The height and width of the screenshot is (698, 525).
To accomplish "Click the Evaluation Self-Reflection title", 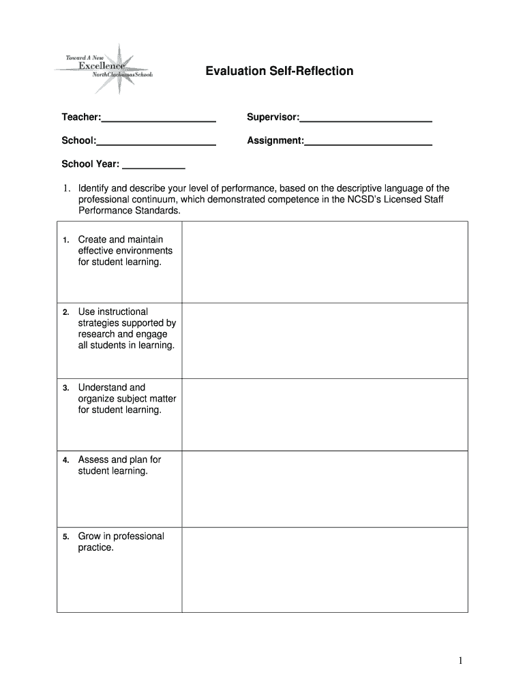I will [280, 71].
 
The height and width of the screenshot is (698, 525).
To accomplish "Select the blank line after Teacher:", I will [158, 119].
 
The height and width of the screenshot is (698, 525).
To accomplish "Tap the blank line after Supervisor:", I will [365, 119].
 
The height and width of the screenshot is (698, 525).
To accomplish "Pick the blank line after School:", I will [156, 142].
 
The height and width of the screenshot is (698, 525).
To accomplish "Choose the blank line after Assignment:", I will [368, 142].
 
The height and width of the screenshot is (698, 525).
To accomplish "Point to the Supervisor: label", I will [273, 118].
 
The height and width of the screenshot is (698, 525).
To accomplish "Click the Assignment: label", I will [275, 140].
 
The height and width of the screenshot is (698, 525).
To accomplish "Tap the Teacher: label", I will [81, 118].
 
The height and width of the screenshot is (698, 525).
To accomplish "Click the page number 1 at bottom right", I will [461, 661].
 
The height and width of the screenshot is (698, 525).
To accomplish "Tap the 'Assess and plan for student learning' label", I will [119, 466].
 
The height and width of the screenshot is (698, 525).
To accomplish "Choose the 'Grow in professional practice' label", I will [121, 542].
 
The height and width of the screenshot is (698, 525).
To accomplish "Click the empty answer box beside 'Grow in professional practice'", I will [325, 569].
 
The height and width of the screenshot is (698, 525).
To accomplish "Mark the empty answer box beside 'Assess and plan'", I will [325, 489].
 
